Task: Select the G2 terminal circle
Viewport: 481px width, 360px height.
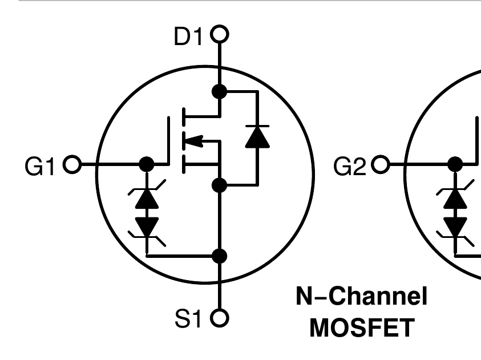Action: (380, 165)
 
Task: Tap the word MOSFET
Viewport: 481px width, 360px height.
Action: (361, 328)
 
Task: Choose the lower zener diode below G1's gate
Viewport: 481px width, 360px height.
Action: (147, 226)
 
